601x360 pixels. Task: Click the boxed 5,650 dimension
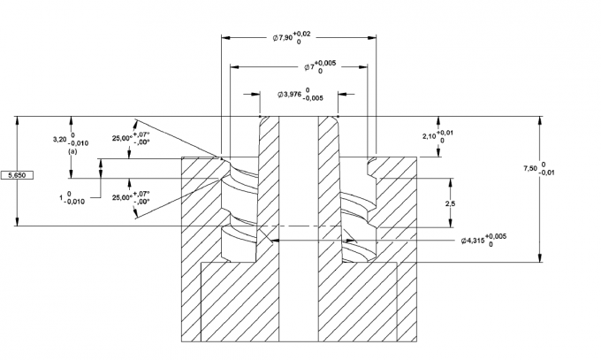(17, 177)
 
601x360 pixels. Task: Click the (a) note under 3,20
(73, 151)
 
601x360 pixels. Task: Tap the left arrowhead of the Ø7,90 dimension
(224, 38)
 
